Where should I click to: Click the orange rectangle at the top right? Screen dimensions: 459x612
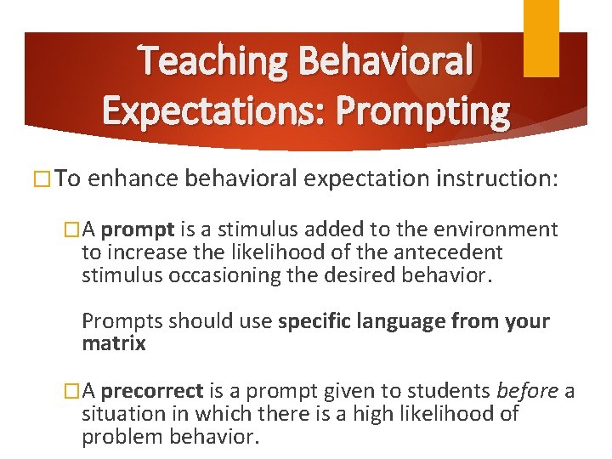pyautogui.click(x=541, y=38)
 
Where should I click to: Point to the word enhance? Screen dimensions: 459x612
pyautogui.click(x=133, y=179)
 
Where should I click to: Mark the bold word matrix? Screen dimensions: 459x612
pyautogui.click(x=114, y=343)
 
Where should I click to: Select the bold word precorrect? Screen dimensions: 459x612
pyautogui.click(x=152, y=390)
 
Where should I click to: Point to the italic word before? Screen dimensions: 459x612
pyautogui.click(x=528, y=390)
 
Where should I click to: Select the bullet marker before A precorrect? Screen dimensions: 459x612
pyautogui.click(x=71, y=390)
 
